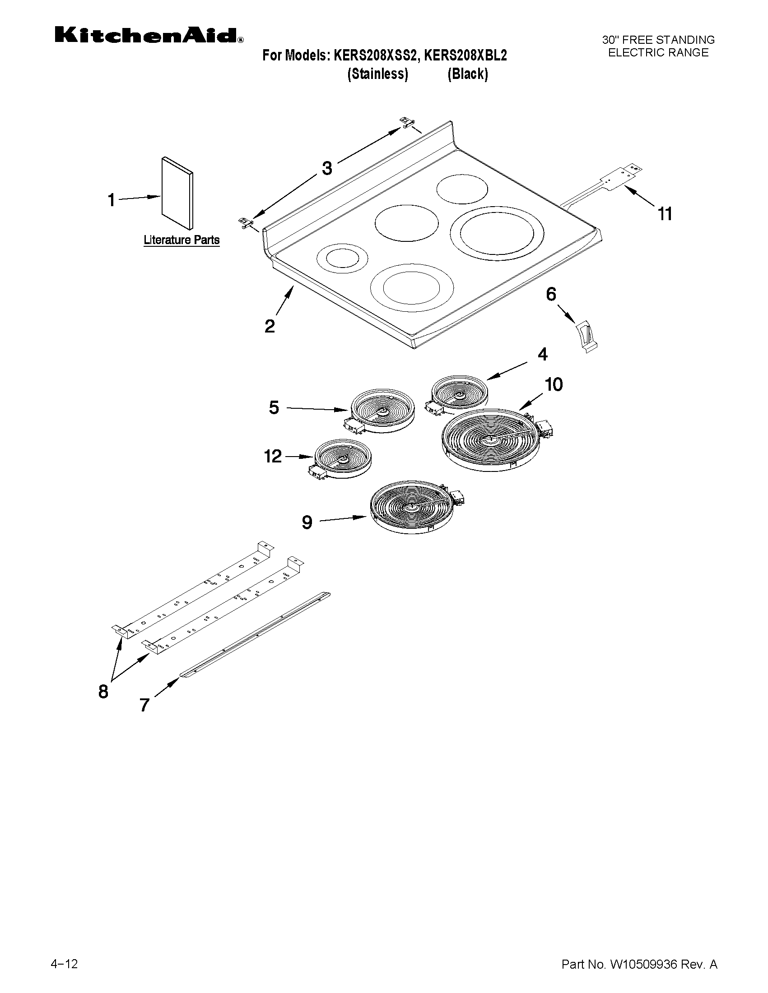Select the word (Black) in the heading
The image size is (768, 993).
pos(468,74)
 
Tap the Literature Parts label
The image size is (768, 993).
pos(182,240)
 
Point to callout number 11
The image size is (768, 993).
pos(665,213)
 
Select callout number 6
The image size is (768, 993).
pos(551,294)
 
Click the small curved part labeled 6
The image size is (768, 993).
pos(586,336)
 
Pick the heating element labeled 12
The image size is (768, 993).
pos(343,458)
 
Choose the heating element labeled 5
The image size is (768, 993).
pos(382,410)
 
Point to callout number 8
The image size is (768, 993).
pos(103,692)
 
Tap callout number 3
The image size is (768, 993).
pos(327,168)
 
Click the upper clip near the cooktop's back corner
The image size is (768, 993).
pos(406,122)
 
